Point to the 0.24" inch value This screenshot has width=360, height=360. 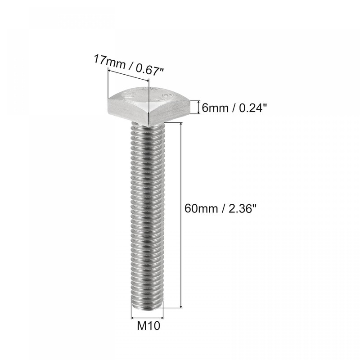pyautogui.click(x=247, y=108)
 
